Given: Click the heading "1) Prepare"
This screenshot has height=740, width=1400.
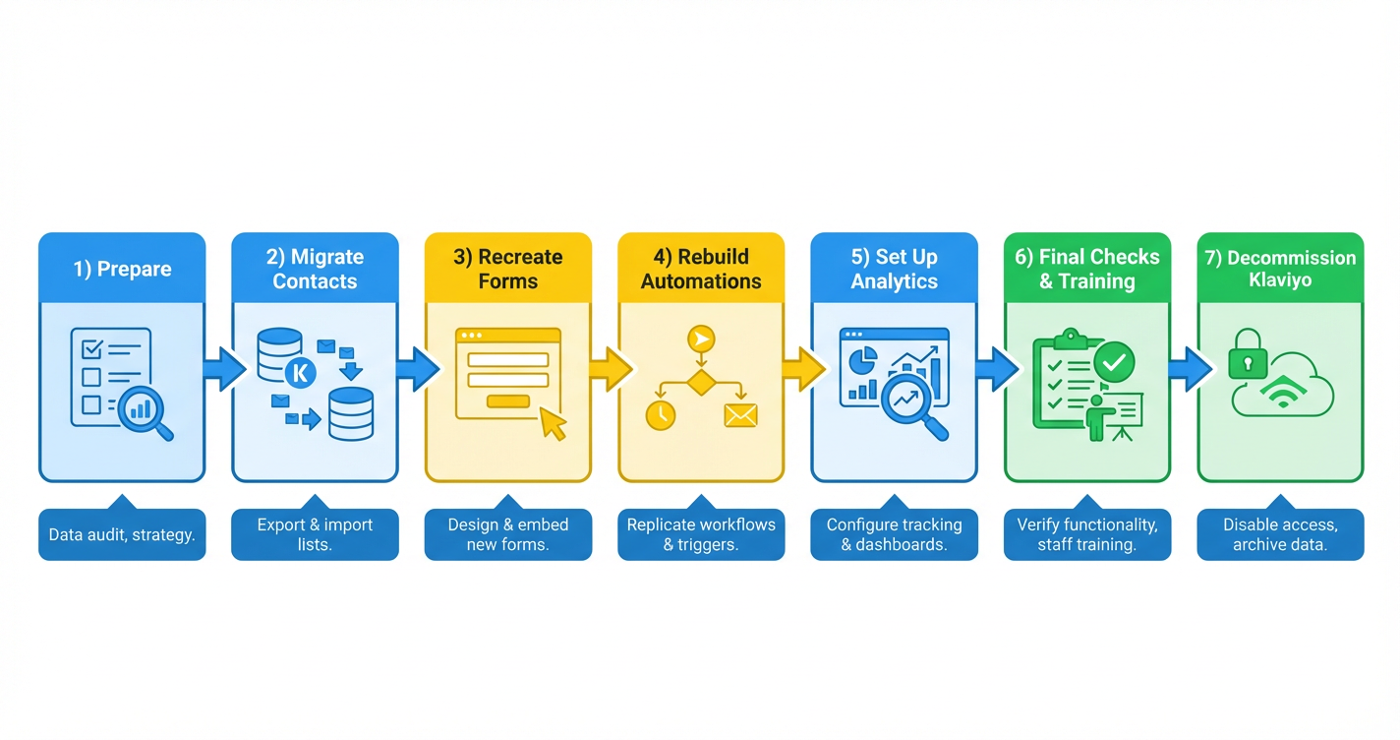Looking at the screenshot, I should (x=122, y=269).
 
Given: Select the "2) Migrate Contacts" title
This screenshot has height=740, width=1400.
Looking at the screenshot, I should (x=315, y=269).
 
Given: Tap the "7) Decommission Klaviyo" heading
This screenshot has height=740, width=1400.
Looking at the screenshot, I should (x=1280, y=269).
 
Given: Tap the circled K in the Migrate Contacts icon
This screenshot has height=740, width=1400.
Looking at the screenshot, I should (x=299, y=374).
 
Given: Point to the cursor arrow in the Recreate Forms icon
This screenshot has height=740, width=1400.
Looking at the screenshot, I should (x=554, y=424).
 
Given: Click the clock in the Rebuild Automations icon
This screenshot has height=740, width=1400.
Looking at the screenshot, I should (x=661, y=415).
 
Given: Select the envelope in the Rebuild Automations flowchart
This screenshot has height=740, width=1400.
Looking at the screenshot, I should (x=740, y=415).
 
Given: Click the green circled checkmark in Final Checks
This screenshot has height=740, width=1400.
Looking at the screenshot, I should (x=1114, y=362).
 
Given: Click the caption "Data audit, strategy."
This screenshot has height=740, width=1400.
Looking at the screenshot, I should (x=122, y=535).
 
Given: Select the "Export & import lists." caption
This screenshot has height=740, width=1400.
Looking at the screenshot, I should (x=315, y=534).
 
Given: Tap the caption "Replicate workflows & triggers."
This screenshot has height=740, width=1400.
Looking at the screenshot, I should (x=701, y=534).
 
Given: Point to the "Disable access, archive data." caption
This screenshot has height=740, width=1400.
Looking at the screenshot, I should (x=1280, y=534).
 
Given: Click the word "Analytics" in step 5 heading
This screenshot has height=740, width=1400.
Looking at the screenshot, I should (x=895, y=281).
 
